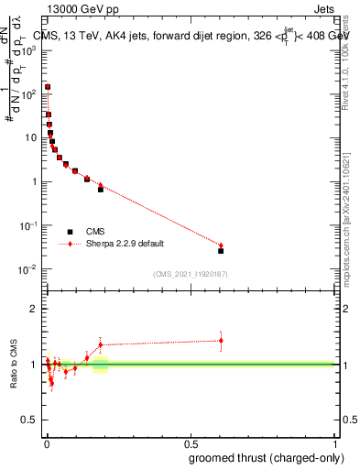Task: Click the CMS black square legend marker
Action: coord(70,232)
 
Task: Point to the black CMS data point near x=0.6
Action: coord(221,250)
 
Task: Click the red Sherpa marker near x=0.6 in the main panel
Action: coord(221,245)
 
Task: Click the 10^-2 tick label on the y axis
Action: coord(27,269)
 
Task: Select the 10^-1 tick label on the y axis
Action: coord(27,225)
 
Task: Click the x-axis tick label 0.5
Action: coord(191,442)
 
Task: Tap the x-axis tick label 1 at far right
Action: coord(334,442)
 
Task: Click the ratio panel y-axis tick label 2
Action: coord(33,309)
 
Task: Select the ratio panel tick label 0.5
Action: coord(28,420)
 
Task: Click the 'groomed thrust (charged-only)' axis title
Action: coord(266,457)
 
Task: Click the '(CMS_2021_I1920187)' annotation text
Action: coord(191,273)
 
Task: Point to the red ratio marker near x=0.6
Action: coord(221,341)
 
